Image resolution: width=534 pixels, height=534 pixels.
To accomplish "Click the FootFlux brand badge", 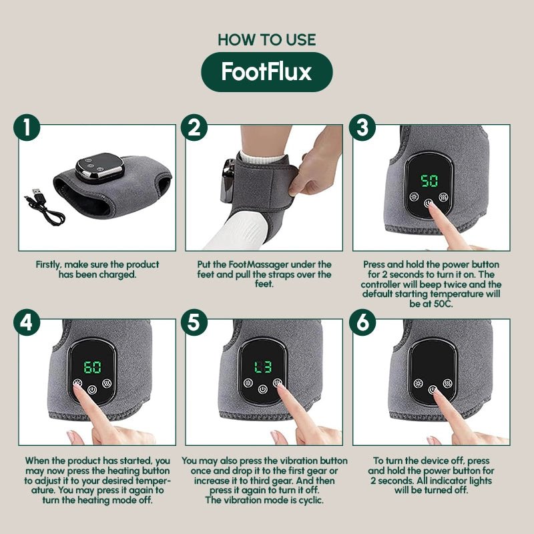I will click(x=267, y=71).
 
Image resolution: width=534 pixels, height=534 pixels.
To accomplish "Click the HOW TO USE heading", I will click(x=266, y=39).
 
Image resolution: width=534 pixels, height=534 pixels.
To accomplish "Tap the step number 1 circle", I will click(x=27, y=127).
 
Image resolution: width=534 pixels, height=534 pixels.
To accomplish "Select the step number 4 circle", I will click(x=27, y=322).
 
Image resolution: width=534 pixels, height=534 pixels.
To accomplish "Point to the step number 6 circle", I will click(x=362, y=322).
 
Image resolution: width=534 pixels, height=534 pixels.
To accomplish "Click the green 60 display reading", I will click(x=92, y=367).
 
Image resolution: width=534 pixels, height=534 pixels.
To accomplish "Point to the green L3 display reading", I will click(x=262, y=367).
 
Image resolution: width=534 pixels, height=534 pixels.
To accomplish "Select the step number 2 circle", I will click(x=194, y=127).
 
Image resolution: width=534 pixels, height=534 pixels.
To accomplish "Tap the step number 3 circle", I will click(x=362, y=127).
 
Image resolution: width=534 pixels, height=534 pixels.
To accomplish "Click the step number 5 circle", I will click(x=194, y=322).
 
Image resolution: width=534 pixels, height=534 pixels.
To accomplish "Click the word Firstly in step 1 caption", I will click(x=51, y=265).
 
